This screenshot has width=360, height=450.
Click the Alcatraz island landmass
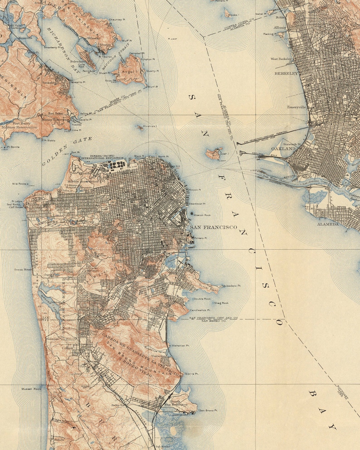141,128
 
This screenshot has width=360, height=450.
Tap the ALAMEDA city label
328,224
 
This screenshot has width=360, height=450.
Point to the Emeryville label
297,107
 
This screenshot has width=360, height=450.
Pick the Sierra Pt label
192,374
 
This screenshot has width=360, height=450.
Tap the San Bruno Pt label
209,411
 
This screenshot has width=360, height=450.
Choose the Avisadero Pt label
231,286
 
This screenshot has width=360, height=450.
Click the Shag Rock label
221,303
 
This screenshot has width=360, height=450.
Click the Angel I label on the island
130,71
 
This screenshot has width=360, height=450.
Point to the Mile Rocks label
20,184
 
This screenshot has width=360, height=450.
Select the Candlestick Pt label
200,310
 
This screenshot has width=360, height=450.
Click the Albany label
280,28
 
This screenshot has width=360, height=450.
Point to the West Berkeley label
282,58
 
